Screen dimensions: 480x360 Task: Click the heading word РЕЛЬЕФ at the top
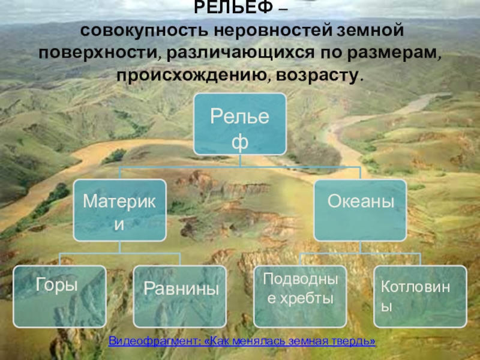pyautogui.click(x=233, y=7)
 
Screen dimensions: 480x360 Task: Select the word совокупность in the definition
pyautogui.click(x=145, y=31)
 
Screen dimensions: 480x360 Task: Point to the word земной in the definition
pyautogui.click(x=370, y=31)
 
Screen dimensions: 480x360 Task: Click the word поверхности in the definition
pyautogui.click(x=98, y=53)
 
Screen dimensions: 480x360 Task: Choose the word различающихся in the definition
pyautogui.click(x=241, y=53)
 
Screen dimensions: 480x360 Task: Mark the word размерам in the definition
pyautogui.click(x=394, y=53)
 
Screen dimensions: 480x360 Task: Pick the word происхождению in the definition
pyautogui.click(x=193, y=76)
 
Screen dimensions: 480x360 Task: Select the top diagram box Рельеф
pyautogui.click(x=240, y=124)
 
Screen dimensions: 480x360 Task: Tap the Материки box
pyautogui.click(x=119, y=211)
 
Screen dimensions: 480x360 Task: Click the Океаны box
pyautogui.click(x=361, y=211)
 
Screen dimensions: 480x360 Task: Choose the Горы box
pyautogui.click(x=59, y=296)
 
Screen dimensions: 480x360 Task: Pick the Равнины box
pyautogui.click(x=180, y=296)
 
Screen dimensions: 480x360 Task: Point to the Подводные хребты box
pyautogui.click(x=301, y=296)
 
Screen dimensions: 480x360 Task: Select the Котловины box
pyautogui.click(x=421, y=296)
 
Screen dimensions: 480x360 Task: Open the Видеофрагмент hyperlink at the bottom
pyautogui.click(x=242, y=341)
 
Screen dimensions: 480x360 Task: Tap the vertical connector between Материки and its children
pyautogui.click(x=119, y=247)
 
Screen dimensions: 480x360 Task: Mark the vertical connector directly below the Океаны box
pyautogui.click(x=361, y=247)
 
